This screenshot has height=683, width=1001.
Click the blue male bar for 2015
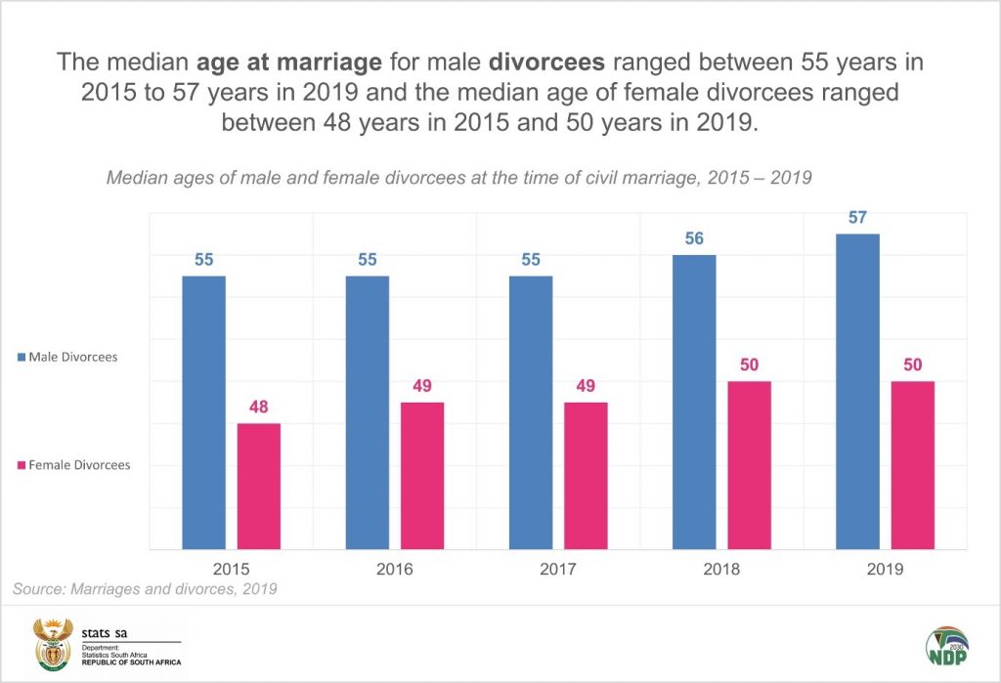point(203,411)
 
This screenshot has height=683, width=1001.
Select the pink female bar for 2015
point(259,486)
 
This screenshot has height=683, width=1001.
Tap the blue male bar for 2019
point(857,391)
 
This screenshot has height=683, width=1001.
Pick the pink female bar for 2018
point(750,464)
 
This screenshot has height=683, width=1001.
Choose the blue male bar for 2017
point(531,411)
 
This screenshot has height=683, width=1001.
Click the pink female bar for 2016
point(422,475)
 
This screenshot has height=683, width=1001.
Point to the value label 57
point(857,217)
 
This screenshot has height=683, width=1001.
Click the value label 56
point(694,238)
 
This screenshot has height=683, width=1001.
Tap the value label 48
point(259,406)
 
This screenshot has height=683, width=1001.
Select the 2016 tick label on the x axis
point(395,568)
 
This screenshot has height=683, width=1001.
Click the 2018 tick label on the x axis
point(721,568)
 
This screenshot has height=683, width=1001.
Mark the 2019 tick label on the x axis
point(885,568)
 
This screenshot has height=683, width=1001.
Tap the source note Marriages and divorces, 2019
point(145,589)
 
